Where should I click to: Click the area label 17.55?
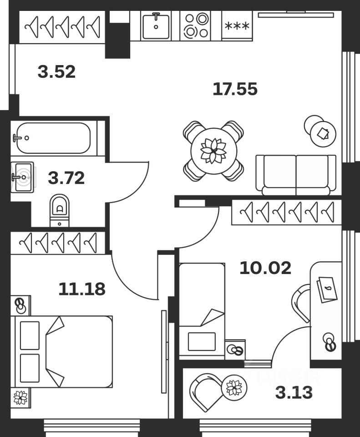[x=235, y=89]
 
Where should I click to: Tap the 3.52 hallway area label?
[x=56, y=72]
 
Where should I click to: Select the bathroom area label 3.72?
[x=66, y=178]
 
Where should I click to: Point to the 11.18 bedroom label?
[x=82, y=289]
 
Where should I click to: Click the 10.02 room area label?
[x=265, y=268]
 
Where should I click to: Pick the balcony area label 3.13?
[x=294, y=392]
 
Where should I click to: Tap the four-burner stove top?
[x=196, y=26]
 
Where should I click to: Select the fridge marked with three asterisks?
[x=237, y=26]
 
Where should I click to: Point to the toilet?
[x=59, y=209]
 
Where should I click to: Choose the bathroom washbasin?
[x=22, y=177]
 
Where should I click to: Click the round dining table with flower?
[x=213, y=150]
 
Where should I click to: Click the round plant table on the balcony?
[x=234, y=388]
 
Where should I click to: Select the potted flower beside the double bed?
[x=20, y=397]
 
